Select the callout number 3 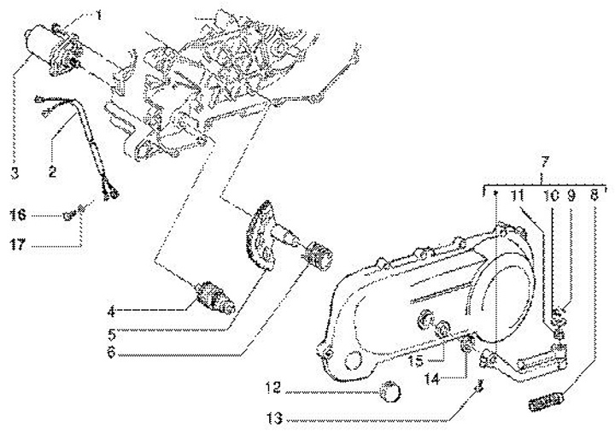point(15,173)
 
